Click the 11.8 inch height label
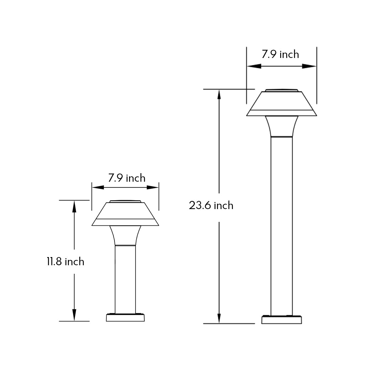coord(65,262)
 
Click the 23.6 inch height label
coord(211,206)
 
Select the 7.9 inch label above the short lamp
coord(127,178)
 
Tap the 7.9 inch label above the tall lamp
coord(281,54)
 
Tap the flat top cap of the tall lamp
coord(282,91)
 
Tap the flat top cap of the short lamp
coord(127,201)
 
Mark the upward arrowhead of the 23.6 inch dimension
coord(219,95)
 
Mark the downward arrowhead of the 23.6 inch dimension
coord(219,318)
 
